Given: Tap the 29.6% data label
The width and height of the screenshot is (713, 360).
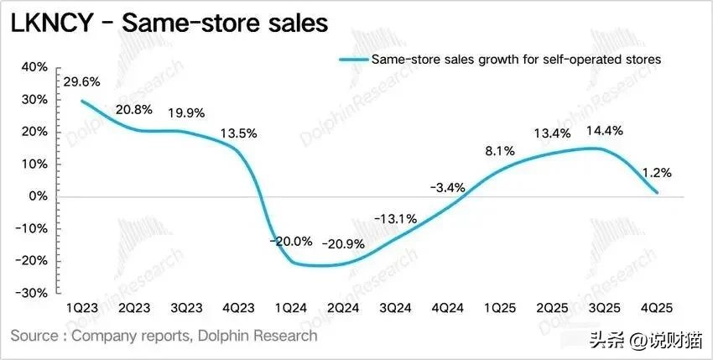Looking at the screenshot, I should [x=81, y=82].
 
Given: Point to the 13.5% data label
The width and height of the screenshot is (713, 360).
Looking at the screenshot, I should [x=238, y=133].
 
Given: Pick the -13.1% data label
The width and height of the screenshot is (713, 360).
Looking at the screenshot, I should [x=396, y=219].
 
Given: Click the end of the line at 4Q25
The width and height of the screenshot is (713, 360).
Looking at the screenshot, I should [x=656, y=193].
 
